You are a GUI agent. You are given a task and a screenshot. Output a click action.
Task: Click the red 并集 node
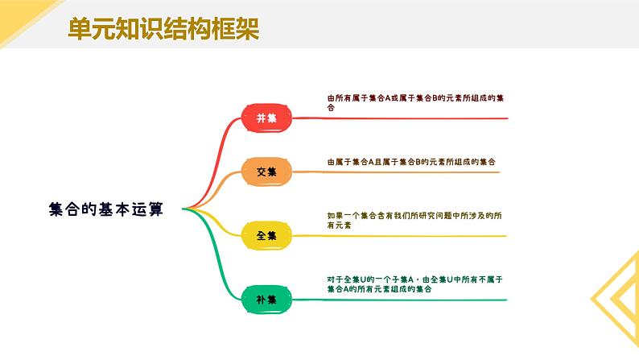(x=266, y=118)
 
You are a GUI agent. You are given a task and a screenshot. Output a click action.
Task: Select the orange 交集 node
(x=266, y=172)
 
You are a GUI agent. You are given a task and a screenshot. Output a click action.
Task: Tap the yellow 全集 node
(x=266, y=236)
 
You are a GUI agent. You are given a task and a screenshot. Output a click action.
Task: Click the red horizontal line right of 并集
(x=402, y=118)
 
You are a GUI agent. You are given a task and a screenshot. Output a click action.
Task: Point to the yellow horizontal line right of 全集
(x=402, y=236)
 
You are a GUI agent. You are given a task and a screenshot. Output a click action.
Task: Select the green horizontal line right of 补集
(x=402, y=300)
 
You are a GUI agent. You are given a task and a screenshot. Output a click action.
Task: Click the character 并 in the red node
(x=261, y=118)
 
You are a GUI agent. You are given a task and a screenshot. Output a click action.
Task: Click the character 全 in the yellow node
(x=261, y=236)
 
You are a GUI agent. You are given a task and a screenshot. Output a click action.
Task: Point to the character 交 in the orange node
(x=261, y=172)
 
